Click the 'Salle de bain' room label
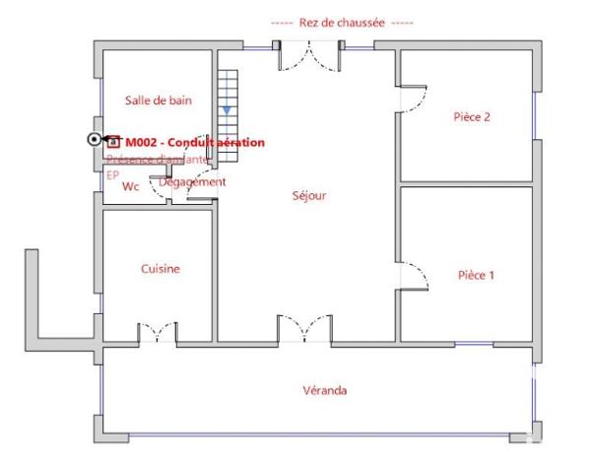159,99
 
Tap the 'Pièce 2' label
472,116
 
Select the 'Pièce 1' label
476,275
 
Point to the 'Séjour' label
309,195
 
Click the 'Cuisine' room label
160,268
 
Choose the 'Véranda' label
324,390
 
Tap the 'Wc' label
130,185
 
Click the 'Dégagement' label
192,181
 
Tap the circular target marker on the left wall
95,140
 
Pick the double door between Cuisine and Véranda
158,334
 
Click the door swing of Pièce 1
414,275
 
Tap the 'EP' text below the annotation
112,172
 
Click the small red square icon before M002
113,141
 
